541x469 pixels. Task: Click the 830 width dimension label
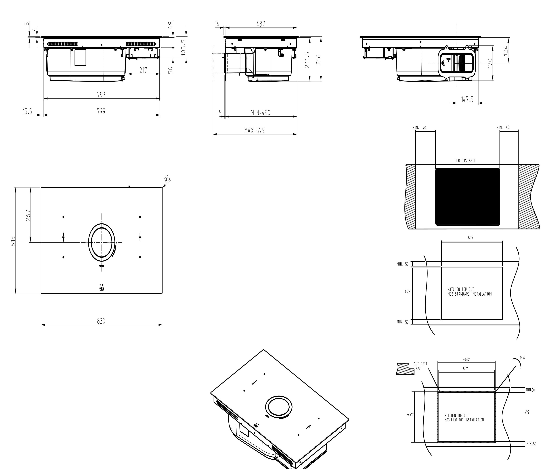101,321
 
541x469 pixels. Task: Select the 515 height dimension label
13,241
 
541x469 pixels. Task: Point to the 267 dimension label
28,215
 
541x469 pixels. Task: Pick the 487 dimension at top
261,24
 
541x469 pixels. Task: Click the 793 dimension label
101,95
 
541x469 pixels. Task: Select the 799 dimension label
101,111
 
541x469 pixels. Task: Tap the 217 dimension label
143,70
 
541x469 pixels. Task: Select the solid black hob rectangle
468,197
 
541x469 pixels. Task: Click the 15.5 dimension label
27,111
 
